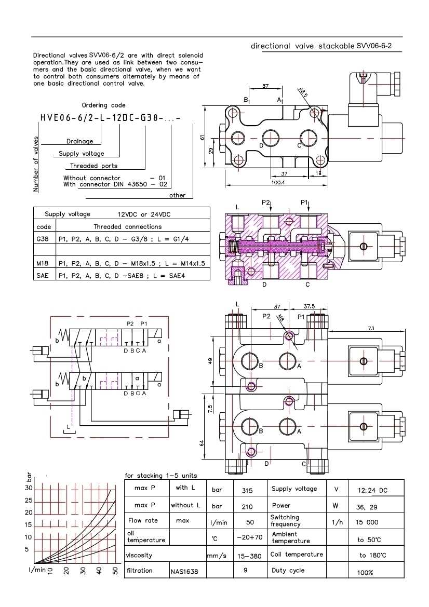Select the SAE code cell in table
pos(42,275)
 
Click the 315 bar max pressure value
pos(247,490)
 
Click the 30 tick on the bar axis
pos(29,488)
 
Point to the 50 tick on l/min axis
pos(115,571)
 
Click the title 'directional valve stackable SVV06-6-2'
pos(321,46)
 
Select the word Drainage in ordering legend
pos(79,141)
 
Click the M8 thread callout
pos(281,318)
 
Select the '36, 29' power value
pos(367,506)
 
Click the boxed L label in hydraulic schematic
pos(68,426)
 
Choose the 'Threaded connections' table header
pos(127,227)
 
